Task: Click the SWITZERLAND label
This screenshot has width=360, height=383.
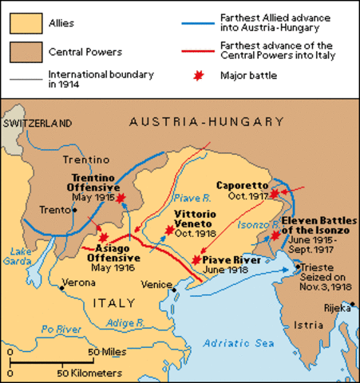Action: (38, 124)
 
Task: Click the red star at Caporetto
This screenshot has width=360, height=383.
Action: (275, 193)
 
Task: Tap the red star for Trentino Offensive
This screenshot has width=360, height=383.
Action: (121, 198)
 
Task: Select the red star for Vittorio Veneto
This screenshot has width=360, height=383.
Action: (168, 231)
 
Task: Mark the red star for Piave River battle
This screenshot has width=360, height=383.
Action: (196, 260)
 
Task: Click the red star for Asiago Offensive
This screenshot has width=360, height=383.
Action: (102, 238)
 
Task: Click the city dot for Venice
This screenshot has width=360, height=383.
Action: (172, 290)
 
